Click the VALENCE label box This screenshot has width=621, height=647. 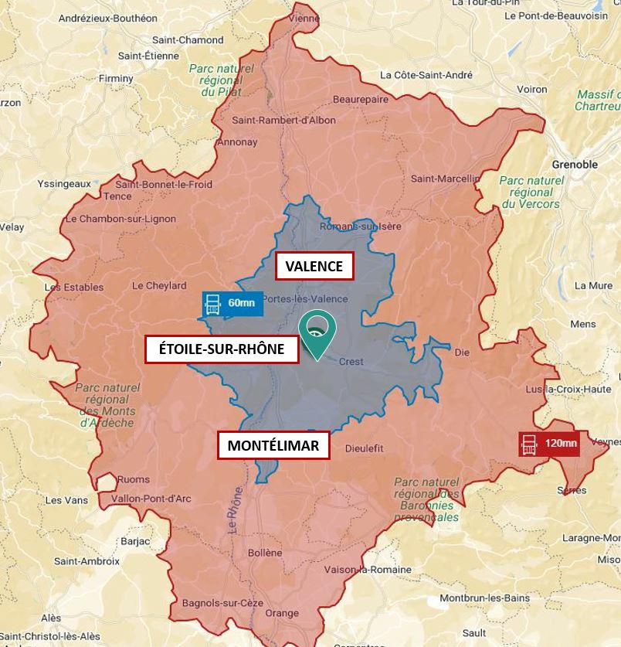pyautogui.click(x=314, y=267)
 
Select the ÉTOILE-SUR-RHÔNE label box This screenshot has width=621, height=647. pyautogui.click(x=222, y=349)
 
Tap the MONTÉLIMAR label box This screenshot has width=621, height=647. pyautogui.click(x=273, y=446)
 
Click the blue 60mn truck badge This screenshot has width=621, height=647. pyautogui.click(x=232, y=303)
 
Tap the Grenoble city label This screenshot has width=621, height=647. pyautogui.click(x=575, y=165)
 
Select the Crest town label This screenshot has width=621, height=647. pyautogui.click(x=351, y=362)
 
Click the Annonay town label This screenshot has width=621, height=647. pyautogui.click(x=236, y=142)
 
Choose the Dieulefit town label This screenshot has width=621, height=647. pyautogui.click(x=364, y=448)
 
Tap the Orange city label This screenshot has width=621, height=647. pyautogui.click(x=281, y=613)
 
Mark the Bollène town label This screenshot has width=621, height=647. pyautogui.click(x=266, y=553)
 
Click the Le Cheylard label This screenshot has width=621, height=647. pyautogui.click(x=159, y=285)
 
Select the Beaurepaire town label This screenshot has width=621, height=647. pyautogui.click(x=361, y=100)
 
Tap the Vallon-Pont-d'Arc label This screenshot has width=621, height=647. pyautogui.click(x=151, y=499)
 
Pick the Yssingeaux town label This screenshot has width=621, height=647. pyautogui.click(x=64, y=184)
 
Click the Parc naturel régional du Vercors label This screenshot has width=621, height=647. pyautogui.click(x=531, y=192)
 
